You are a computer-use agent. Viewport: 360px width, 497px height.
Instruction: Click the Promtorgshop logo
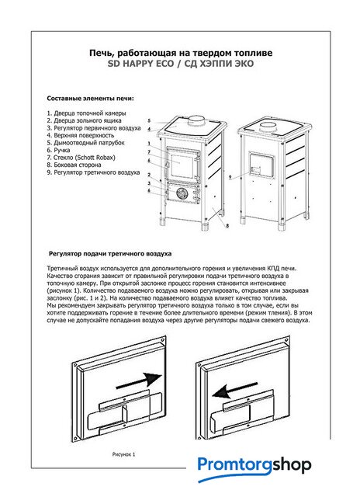point(254,467)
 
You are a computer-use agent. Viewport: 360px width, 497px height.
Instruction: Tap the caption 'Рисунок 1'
point(123,454)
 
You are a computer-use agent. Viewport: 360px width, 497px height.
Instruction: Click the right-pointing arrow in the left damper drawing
point(140,381)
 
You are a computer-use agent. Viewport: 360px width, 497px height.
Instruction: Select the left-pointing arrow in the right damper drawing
point(234,391)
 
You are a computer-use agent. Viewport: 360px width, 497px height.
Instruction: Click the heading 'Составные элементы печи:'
point(90,99)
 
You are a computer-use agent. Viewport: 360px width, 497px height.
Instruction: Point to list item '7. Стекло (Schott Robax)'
point(81,158)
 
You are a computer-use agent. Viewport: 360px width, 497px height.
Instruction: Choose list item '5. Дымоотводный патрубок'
point(85,143)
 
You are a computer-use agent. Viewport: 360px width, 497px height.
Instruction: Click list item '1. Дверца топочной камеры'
point(86,113)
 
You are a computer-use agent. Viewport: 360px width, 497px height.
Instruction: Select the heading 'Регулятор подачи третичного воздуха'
point(110,254)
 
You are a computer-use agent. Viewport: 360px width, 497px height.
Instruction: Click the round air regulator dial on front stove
point(182,193)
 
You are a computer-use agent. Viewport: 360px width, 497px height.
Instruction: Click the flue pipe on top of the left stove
point(196,120)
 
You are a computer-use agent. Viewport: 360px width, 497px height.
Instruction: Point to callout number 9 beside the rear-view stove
point(230,178)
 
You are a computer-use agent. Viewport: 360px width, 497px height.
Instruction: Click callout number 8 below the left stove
point(227,226)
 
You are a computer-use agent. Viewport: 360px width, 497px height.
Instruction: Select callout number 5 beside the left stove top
point(149,121)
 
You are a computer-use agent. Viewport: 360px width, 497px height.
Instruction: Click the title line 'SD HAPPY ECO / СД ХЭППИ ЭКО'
point(181,64)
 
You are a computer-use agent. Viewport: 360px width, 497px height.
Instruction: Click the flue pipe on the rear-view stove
point(268,127)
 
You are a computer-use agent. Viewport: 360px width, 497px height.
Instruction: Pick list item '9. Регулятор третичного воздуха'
point(93,172)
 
